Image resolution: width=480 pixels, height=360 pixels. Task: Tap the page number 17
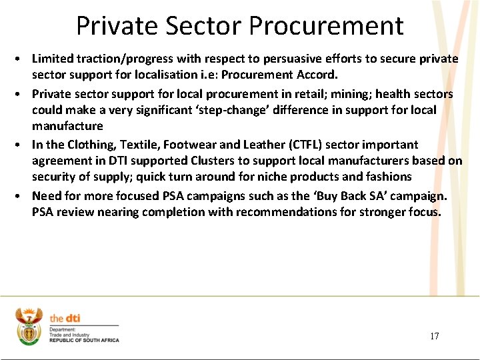[435, 336]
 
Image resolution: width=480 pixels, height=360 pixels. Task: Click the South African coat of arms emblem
[28, 326]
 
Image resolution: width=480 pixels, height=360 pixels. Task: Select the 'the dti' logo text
[65, 319]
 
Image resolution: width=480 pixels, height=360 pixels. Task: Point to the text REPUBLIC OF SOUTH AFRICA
[84, 340]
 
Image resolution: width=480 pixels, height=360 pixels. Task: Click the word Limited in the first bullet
[52, 59]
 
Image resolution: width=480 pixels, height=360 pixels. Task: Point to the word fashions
[388, 177]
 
